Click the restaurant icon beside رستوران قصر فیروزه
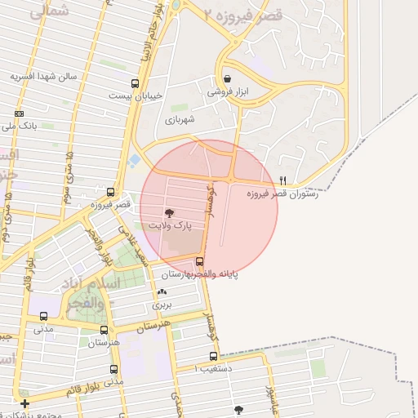(x=282, y=180)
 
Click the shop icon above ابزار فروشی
(x=226, y=80)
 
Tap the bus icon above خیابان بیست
(x=135, y=82)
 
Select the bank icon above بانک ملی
(x=20, y=113)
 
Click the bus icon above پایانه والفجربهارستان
(x=199, y=262)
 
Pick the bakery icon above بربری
(x=162, y=291)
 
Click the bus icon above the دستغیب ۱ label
(x=214, y=356)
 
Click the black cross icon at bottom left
(x=24, y=403)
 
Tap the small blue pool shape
(x=134, y=160)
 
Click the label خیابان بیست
(x=136, y=96)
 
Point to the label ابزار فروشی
(x=227, y=93)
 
